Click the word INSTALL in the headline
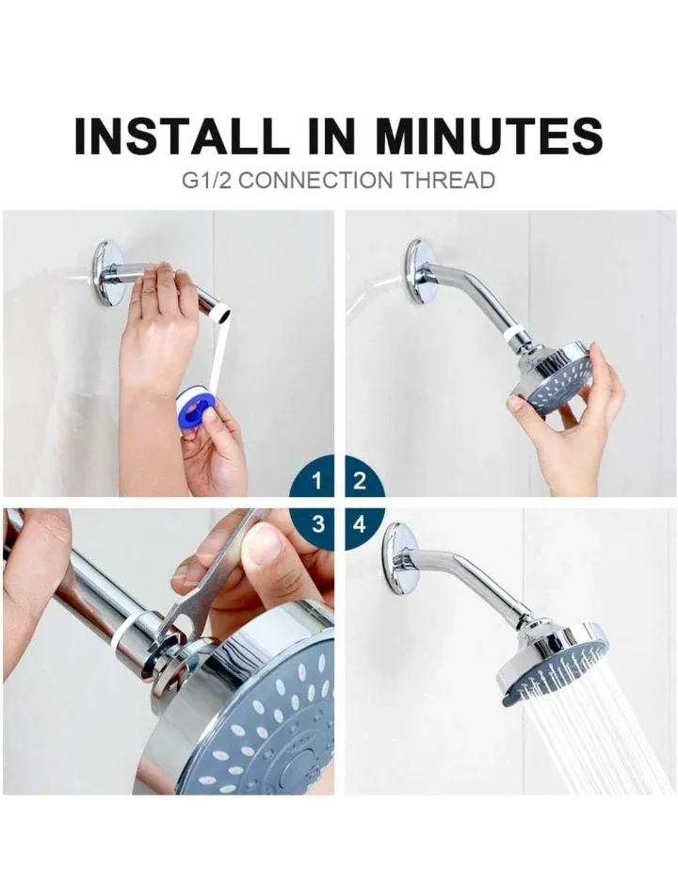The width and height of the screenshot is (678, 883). click(180, 136)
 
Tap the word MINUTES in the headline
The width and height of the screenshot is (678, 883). click(489, 136)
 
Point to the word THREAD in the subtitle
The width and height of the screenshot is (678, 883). click(447, 180)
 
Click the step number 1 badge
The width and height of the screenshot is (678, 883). click(317, 481)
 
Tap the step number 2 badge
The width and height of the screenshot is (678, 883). click(359, 481)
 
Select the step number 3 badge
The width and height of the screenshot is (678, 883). click(317, 524)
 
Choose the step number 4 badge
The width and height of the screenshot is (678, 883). click(359, 524)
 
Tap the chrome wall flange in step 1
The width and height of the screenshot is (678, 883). click(108, 273)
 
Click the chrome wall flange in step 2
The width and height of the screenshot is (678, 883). click(419, 271)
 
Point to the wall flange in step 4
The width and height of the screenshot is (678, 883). click(399, 558)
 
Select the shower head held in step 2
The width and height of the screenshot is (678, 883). click(556, 377)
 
